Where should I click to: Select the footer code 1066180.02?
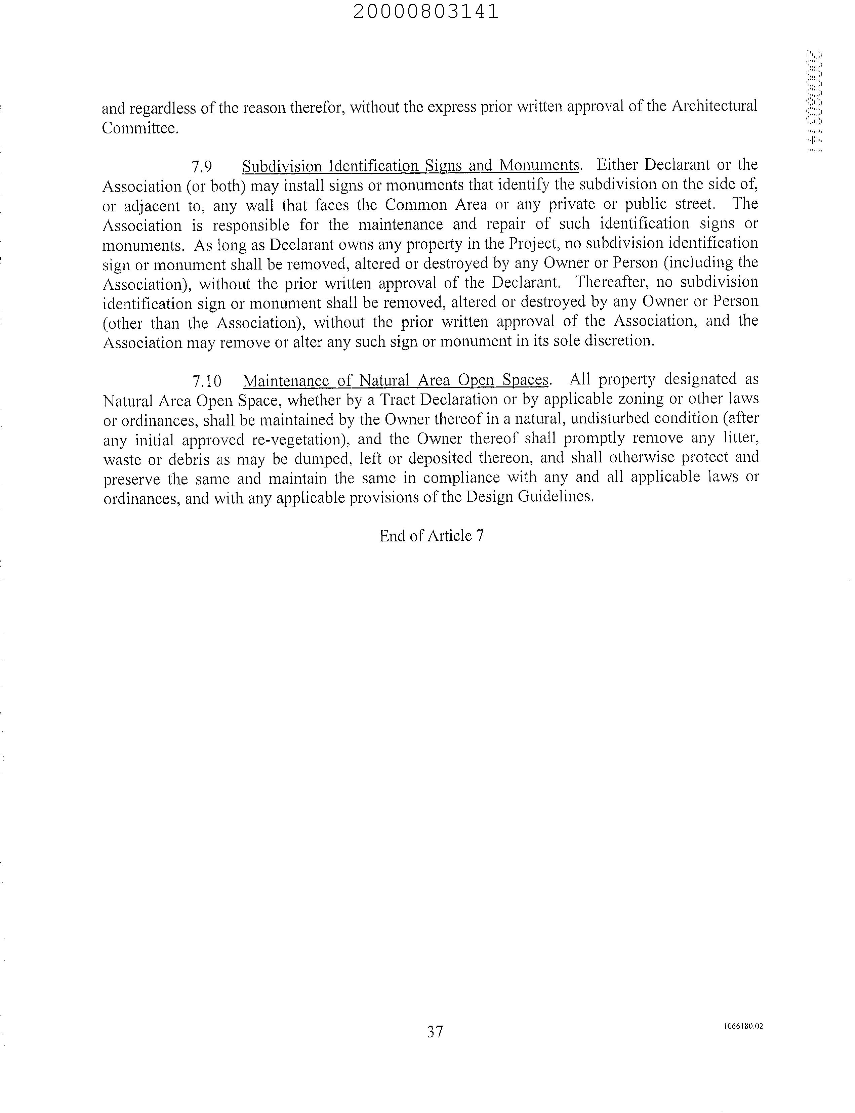click(743, 1026)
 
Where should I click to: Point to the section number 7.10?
click(207, 381)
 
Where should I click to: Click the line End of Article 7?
click(431, 535)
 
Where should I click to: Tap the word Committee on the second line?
click(139, 128)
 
